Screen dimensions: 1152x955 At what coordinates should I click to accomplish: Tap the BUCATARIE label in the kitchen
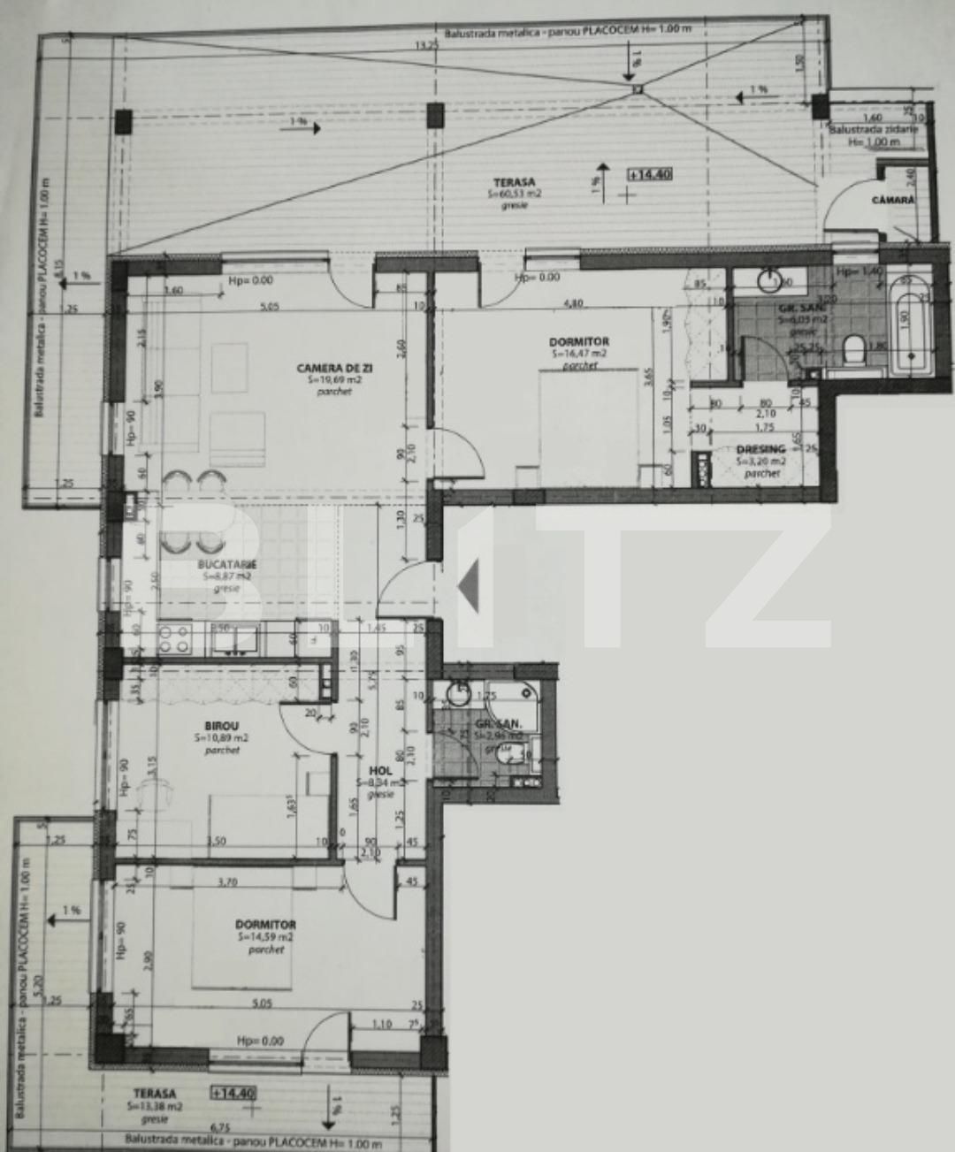[226, 563]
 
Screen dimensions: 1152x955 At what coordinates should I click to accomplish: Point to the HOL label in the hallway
[380, 770]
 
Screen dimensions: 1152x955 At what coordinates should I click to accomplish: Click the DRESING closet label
[760, 449]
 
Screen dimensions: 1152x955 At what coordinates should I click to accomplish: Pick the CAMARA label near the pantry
[893, 201]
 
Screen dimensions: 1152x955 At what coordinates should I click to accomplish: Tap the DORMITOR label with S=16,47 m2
[578, 341]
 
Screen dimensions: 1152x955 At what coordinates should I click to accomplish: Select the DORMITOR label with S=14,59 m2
[265, 925]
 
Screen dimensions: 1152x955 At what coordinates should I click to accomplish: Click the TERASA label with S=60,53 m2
[514, 181]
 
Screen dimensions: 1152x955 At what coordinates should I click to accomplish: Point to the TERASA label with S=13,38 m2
[155, 1094]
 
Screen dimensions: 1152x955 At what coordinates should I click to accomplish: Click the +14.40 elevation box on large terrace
[649, 174]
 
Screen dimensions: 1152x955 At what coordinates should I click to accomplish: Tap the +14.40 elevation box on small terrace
[233, 1094]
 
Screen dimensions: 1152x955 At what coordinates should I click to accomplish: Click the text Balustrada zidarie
[872, 129]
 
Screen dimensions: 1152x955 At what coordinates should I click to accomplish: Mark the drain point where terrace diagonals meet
[636, 88]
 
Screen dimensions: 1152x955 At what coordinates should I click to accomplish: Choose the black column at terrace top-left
[123, 121]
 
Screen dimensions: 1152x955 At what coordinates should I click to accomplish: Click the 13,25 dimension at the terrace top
[428, 45]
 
